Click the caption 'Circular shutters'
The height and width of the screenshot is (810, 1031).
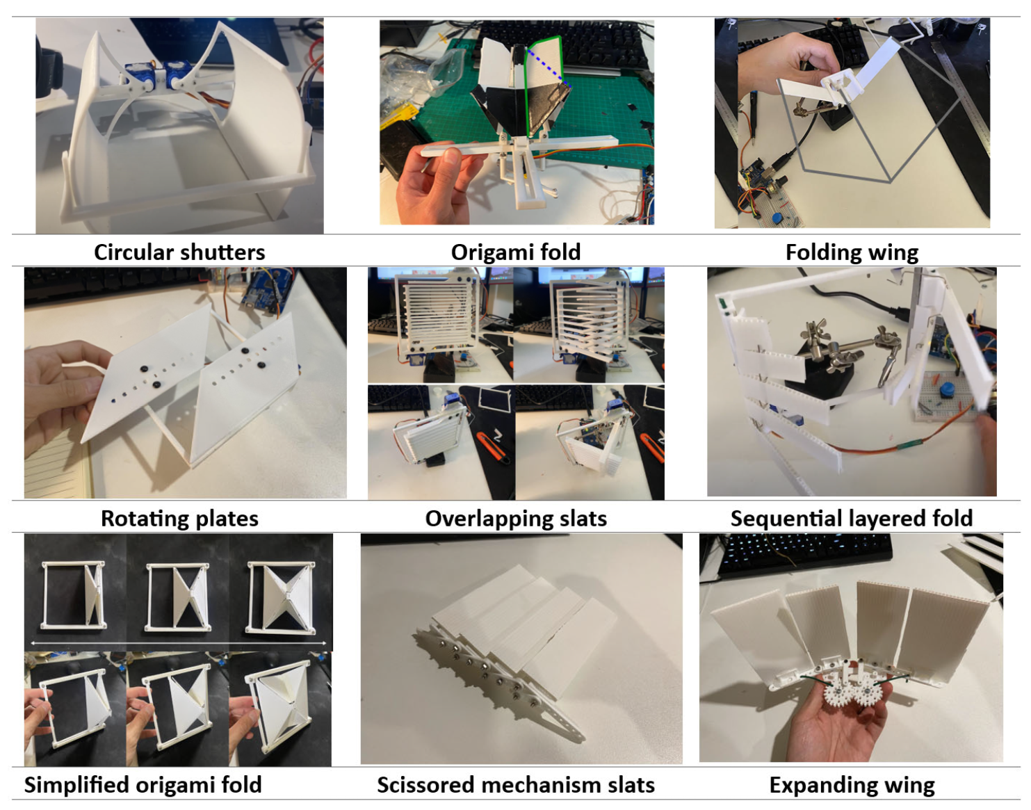[179, 252]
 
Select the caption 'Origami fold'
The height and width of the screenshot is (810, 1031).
[515, 252]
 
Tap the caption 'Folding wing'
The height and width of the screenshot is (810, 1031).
[852, 252]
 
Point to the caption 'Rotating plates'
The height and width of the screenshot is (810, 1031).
[179, 518]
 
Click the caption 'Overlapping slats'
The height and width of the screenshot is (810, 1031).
[516, 518]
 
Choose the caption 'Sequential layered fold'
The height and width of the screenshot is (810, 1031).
[852, 518]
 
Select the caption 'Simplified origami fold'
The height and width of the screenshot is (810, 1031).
[143, 784]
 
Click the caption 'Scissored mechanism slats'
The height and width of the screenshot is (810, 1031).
[516, 784]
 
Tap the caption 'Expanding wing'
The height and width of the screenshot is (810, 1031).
[852, 785]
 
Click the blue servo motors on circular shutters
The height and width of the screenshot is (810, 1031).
[158, 74]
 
